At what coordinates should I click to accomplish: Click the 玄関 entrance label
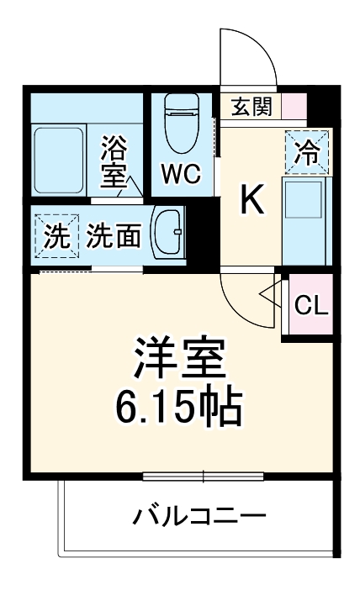[x=251, y=107]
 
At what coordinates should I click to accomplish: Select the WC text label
[x=181, y=174]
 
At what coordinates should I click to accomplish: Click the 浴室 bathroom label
[x=114, y=161]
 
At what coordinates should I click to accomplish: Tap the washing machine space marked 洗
[x=57, y=236]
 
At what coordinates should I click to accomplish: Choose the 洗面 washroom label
[x=114, y=236]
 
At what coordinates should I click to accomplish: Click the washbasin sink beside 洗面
[x=168, y=234]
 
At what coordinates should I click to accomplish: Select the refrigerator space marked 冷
[x=306, y=152]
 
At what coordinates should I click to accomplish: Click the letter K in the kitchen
[x=251, y=200]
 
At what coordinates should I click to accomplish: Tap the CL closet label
[x=311, y=305]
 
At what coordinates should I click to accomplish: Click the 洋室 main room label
[x=180, y=357]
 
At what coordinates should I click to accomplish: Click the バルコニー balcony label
[x=199, y=516]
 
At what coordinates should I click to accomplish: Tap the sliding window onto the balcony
[x=203, y=477]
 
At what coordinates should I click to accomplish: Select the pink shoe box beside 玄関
[x=294, y=106]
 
